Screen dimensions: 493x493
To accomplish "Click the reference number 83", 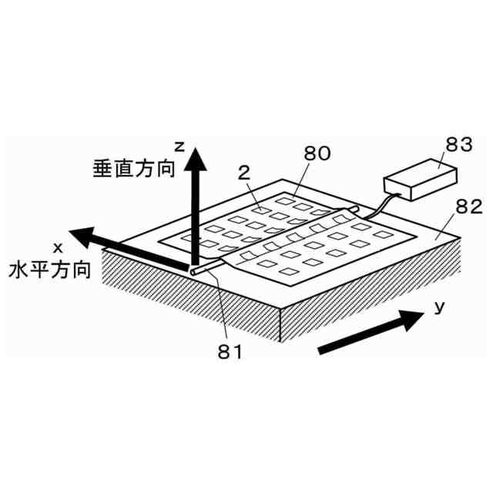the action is (x=440, y=145).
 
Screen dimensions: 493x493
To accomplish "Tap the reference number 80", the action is (x=317, y=153).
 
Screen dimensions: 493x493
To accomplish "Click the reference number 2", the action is (x=244, y=174).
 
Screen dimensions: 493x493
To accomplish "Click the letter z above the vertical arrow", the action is (x=178, y=145).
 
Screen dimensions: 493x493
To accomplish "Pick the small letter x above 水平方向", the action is (x=58, y=246).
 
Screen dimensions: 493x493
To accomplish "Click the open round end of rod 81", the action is (x=192, y=270).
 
